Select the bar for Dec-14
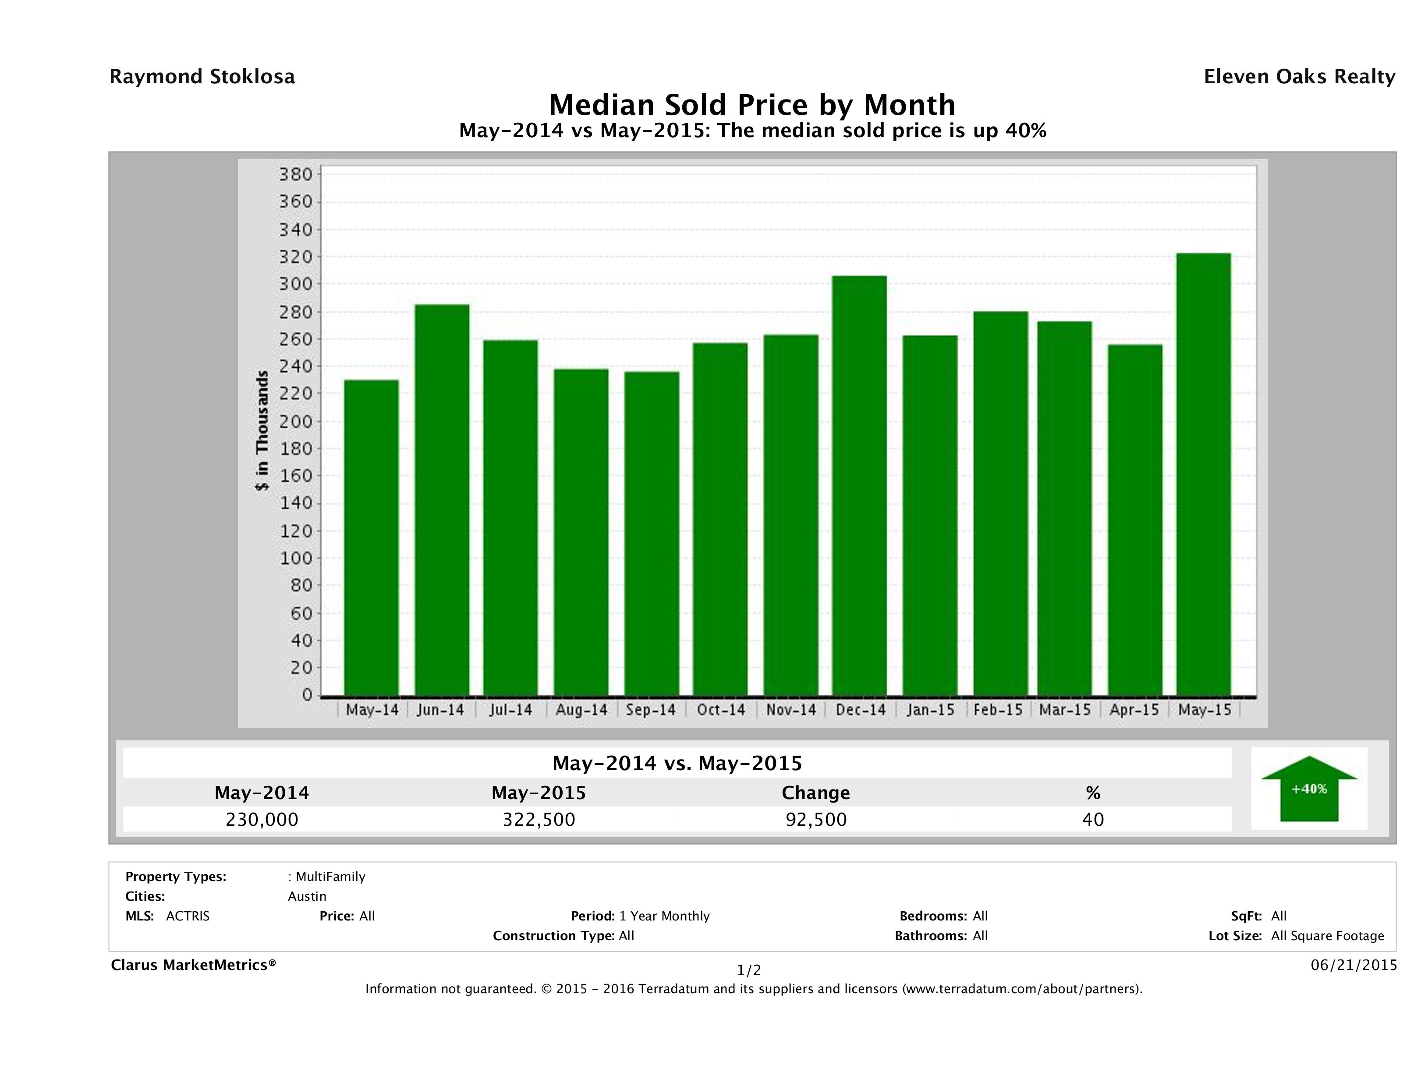point(859,486)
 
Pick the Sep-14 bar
point(652,533)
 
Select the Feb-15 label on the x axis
point(998,710)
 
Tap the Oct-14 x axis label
point(721,710)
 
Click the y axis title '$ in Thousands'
point(262,430)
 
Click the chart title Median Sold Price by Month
point(752,104)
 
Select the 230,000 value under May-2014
point(262,820)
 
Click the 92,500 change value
point(816,820)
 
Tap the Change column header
point(816,793)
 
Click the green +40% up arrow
point(1308,789)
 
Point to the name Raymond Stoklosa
point(202,77)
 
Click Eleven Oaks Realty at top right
point(1299,77)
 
